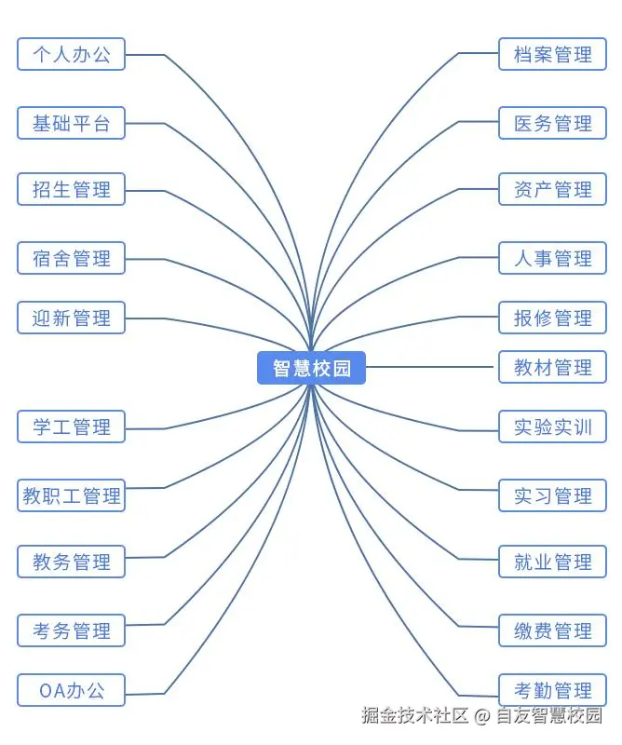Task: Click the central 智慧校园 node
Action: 311,368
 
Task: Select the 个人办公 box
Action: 72,54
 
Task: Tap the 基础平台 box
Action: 72,123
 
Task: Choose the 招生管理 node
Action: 72,189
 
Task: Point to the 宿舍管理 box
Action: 72,258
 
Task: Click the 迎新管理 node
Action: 72,318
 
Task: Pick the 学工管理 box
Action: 72,427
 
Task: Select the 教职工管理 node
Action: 72,495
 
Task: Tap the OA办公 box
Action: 72,690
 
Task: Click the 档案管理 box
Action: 552,54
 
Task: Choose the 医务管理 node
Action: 552,123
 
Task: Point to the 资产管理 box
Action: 552,189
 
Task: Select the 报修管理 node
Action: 552,318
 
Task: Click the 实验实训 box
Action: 552,427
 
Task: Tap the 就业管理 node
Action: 552,562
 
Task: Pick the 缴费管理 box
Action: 552,630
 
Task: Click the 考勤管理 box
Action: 552,690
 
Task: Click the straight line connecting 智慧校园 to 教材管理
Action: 429,367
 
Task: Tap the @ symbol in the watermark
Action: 482,715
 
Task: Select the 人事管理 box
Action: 552,258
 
